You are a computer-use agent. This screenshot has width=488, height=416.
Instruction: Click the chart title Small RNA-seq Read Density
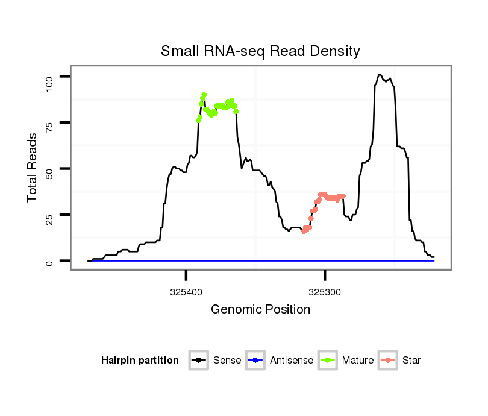[x=260, y=51]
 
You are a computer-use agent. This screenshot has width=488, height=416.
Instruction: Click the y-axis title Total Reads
[x=33, y=167]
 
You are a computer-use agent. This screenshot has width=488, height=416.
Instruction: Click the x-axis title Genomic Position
[x=260, y=310]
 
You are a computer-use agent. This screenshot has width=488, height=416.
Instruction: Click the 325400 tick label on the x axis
[x=186, y=292]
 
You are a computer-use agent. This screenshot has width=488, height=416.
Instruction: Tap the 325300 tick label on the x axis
[x=325, y=292]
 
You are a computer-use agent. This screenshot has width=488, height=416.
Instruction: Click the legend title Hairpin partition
[x=140, y=361]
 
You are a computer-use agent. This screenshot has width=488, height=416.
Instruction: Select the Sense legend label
[x=227, y=361]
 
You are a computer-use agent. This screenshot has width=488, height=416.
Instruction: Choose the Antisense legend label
[x=292, y=361]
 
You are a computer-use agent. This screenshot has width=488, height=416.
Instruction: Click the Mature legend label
[x=358, y=361]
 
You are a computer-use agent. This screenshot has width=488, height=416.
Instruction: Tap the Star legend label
[x=411, y=361]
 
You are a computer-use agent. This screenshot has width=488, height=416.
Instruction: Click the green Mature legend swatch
[x=328, y=361]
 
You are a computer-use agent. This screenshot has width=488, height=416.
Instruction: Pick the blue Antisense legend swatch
[x=255, y=361]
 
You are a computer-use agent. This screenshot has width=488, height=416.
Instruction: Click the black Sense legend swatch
[x=199, y=361]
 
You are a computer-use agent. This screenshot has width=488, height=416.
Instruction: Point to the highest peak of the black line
[x=380, y=75]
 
